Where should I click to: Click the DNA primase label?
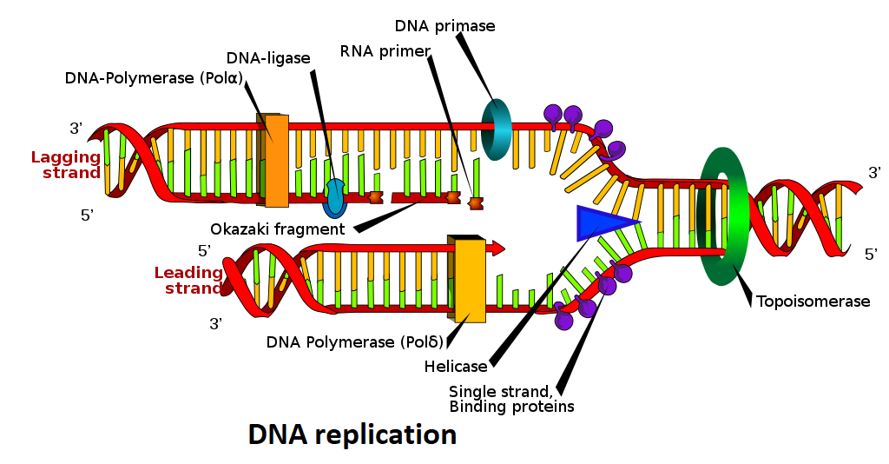(444, 26)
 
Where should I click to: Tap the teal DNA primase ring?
(497, 129)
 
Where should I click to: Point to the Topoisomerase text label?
(813, 302)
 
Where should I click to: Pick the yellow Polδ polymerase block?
(470, 281)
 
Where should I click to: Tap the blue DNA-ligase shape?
(335, 198)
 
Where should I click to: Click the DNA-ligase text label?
(268, 59)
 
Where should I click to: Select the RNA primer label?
(385, 51)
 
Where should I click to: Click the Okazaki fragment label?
(278, 229)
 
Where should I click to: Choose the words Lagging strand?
(67, 165)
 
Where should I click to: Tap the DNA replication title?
(352, 434)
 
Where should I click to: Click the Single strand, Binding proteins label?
(511, 399)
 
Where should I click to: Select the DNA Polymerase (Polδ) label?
(355, 341)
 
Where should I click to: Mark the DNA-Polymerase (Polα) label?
(154, 78)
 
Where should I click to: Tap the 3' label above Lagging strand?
(76, 129)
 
